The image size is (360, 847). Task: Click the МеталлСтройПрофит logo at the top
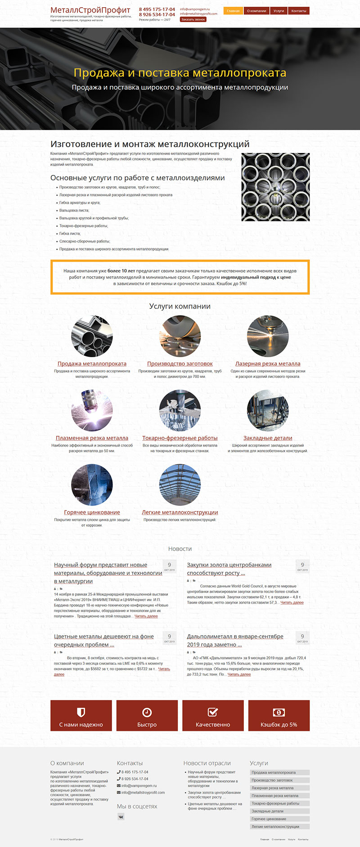tap(90, 10)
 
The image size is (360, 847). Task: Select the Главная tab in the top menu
tap(233, 11)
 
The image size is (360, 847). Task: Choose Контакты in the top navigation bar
tap(298, 11)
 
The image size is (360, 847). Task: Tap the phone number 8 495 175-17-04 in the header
tap(157, 9)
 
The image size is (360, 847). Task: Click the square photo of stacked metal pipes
tap(275, 187)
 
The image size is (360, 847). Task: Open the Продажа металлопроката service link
tap(92, 363)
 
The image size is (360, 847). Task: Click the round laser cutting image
tap(268, 336)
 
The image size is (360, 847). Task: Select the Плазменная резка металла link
tap(92, 438)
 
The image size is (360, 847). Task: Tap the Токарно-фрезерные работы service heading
tap(180, 438)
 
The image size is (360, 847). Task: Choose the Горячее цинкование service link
tap(92, 512)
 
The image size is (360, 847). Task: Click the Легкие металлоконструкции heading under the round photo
tap(180, 512)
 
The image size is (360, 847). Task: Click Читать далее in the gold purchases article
tap(292, 602)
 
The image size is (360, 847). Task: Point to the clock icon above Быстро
tap(147, 712)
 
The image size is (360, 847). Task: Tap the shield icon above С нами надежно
tap(81, 712)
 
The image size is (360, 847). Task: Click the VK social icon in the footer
tap(121, 817)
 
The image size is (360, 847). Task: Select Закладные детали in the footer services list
tap(267, 811)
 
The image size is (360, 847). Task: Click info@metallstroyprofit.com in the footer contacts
tap(143, 793)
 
